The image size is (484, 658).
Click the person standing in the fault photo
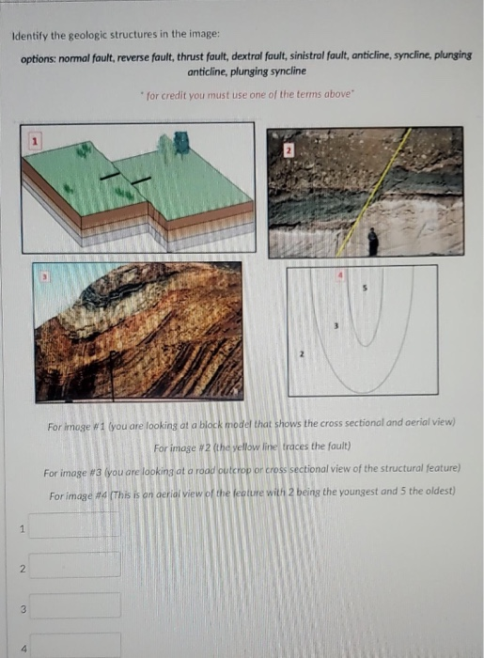[x=373, y=242]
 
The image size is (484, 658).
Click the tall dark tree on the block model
[x=181, y=144]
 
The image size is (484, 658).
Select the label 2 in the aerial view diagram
[x=302, y=354]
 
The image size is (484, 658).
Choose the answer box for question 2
[x=74, y=565]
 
